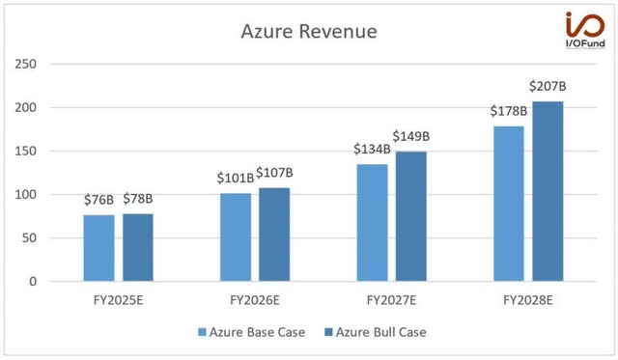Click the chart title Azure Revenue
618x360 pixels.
pos(308,32)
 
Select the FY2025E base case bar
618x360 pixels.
pos(98,248)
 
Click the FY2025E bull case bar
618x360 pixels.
pos(137,247)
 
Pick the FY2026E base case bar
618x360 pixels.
pos(236,237)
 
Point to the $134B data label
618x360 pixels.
pos(371,151)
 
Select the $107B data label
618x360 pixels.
pos(274,174)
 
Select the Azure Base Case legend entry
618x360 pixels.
pos(251,332)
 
